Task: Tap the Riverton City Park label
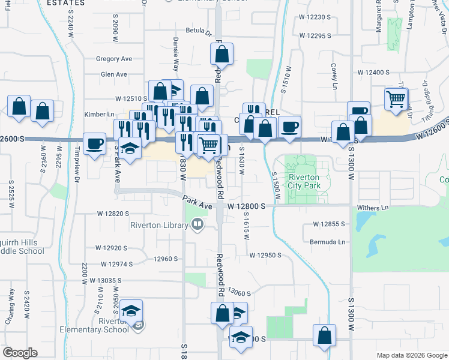click(305, 181)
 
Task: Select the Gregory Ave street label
click(114, 59)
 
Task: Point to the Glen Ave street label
click(114, 74)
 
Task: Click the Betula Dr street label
click(199, 31)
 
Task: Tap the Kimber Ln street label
click(100, 114)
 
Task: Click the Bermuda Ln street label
click(333, 242)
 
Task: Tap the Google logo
click(20, 353)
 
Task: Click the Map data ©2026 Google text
click(411, 355)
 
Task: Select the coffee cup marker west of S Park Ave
click(94, 143)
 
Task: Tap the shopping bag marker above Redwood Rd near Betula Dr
click(221, 55)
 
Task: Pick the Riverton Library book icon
click(197, 225)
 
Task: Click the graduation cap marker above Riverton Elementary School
click(131, 311)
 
